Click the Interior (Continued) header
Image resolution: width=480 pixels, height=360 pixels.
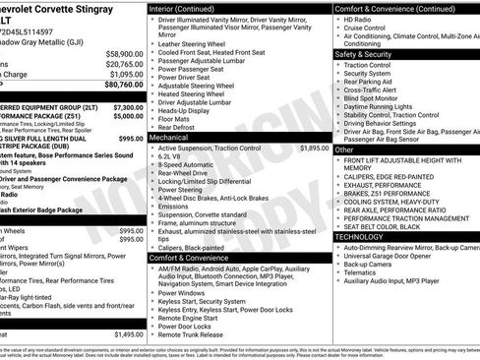(190, 8)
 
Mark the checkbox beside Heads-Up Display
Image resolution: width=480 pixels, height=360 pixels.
(151, 111)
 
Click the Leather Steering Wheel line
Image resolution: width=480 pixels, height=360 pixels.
(196, 43)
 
